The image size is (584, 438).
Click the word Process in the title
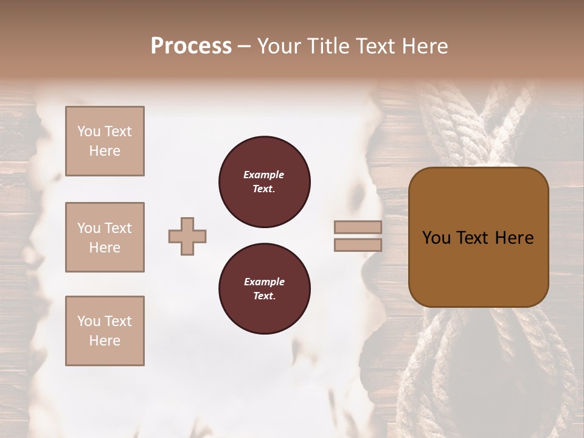click(191, 46)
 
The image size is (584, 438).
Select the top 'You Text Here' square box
click(105, 141)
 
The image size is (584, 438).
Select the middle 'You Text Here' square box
click(105, 237)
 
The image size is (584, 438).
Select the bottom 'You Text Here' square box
click(105, 331)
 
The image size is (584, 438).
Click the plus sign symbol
click(187, 237)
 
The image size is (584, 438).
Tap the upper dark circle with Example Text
click(265, 182)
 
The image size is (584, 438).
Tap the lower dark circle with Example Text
click(265, 289)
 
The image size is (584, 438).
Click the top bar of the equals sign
click(358, 228)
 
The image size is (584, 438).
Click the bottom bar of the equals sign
click(358, 245)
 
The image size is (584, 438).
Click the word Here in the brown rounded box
click(514, 238)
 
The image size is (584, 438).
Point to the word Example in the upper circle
click(264, 175)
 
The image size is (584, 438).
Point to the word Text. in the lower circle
click(264, 296)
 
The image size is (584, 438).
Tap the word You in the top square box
click(89, 131)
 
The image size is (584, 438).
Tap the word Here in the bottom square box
click(105, 341)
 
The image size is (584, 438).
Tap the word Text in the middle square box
click(118, 228)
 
